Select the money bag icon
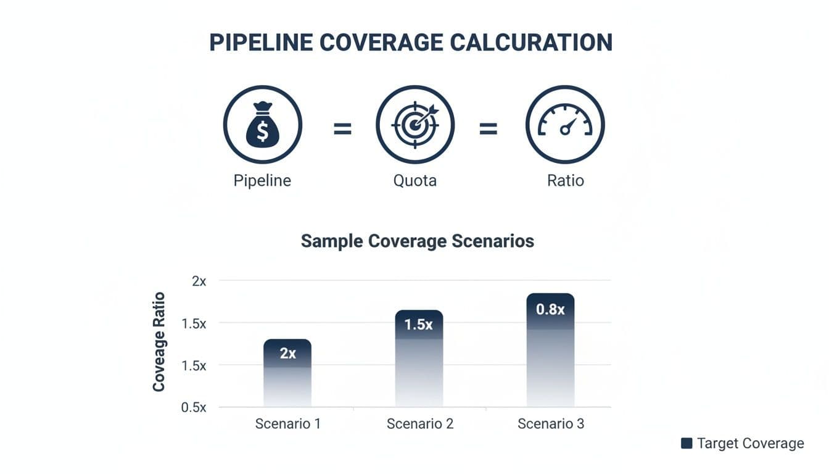pyautogui.click(x=262, y=125)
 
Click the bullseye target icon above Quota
pyautogui.click(x=414, y=125)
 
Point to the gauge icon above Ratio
pyautogui.click(x=565, y=125)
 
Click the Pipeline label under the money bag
pyautogui.click(x=262, y=181)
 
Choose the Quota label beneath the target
pyautogui.click(x=414, y=181)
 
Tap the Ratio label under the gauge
pyautogui.click(x=565, y=181)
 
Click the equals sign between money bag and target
pyautogui.click(x=342, y=129)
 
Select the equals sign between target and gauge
pyautogui.click(x=488, y=129)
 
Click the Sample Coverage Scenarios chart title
pyautogui.click(x=417, y=241)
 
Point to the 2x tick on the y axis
pyautogui.click(x=199, y=281)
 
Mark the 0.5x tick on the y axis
pyautogui.click(x=195, y=407)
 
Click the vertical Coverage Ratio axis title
pyautogui.click(x=159, y=341)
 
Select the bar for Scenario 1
pyautogui.click(x=287, y=373)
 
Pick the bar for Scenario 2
pyautogui.click(x=419, y=358)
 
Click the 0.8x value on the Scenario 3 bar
pyautogui.click(x=550, y=309)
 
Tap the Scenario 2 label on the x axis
pyautogui.click(x=419, y=424)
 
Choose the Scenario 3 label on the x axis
pyautogui.click(x=550, y=424)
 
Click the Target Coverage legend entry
pyautogui.click(x=743, y=443)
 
